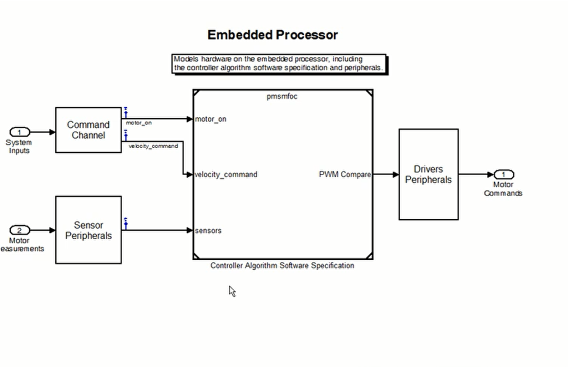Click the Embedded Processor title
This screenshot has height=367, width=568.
pyautogui.click(x=272, y=35)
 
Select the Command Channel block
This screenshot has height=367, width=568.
pyautogui.click(x=88, y=130)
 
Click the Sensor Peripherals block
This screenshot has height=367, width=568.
pyautogui.click(x=88, y=230)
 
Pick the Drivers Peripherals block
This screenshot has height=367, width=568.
pyautogui.click(x=428, y=174)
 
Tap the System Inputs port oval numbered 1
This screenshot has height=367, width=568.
pyautogui.click(x=20, y=132)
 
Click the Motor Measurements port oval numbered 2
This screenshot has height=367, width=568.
pyautogui.click(x=20, y=230)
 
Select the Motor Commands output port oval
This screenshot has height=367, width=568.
pyautogui.click(x=503, y=175)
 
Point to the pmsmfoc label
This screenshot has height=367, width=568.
pyautogui.click(x=282, y=96)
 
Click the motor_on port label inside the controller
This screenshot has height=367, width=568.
pyautogui.click(x=211, y=119)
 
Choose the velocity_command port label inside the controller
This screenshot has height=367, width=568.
pyautogui.click(x=226, y=175)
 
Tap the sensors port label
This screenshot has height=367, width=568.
pyautogui.click(x=208, y=230)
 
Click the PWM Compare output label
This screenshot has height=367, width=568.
pyautogui.click(x=344, y=175)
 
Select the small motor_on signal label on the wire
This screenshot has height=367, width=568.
pyautogui.click(x=139, y=123)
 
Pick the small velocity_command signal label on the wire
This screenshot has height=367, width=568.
pyautogui.click(x=153, y=146)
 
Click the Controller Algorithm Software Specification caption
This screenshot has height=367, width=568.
pyautogui.click(x=282, y=266)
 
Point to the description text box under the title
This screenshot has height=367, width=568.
pyautogui.click(x=279, y=64)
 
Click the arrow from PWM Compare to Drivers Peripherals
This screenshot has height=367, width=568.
pyautogui.click(x=386, y=175)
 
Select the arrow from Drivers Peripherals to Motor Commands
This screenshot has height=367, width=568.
pyautogui.click(x=476, y=175)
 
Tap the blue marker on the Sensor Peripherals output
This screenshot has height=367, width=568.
pyautogui.click(x=126, y=223)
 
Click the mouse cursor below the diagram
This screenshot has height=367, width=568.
pyautogui.click(x=232, y=291)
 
